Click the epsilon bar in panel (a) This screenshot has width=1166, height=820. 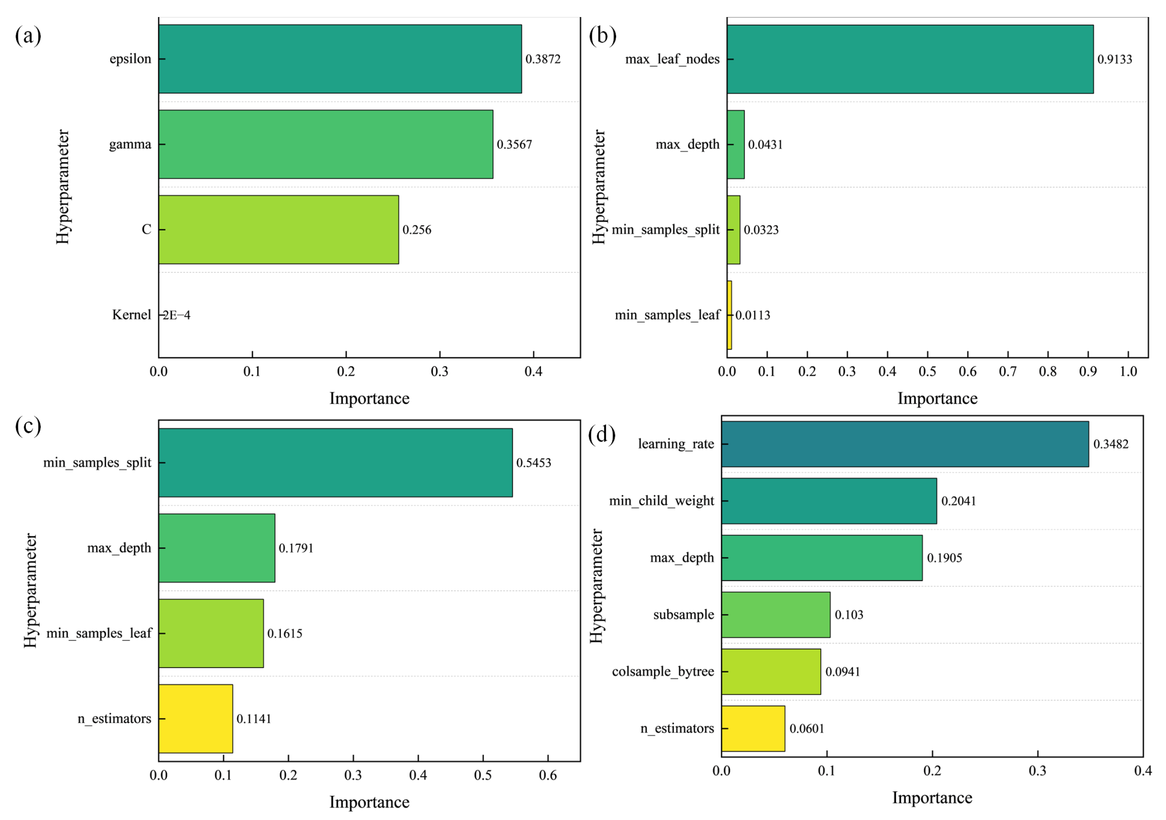point(340,59)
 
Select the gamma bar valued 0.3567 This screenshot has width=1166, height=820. point(325,144)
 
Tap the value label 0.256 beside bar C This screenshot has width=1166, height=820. point(417,230)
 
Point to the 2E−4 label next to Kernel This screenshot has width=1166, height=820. point(176,315)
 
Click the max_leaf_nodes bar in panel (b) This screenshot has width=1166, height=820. point(910,59)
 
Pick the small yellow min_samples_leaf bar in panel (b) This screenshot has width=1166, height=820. point(729,315)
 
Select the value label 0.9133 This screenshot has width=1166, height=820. point(1115,59)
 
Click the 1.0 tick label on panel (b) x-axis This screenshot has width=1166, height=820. point(1128,371)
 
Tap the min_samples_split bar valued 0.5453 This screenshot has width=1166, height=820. point(335,462)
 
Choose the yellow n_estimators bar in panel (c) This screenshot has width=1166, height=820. point(196,718)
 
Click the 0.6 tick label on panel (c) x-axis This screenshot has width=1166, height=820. point(548,775)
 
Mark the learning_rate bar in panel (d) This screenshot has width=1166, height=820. point(905,444)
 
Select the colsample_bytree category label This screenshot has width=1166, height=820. point(663,671)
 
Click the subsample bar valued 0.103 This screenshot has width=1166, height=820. point(776,615)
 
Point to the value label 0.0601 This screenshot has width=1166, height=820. point(807,729)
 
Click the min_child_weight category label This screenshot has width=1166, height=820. point(661,501)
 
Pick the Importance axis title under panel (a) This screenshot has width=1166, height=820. point(369,398)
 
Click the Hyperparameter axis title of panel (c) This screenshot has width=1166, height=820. point(31,590)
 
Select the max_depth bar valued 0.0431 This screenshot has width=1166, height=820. point(735,144)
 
